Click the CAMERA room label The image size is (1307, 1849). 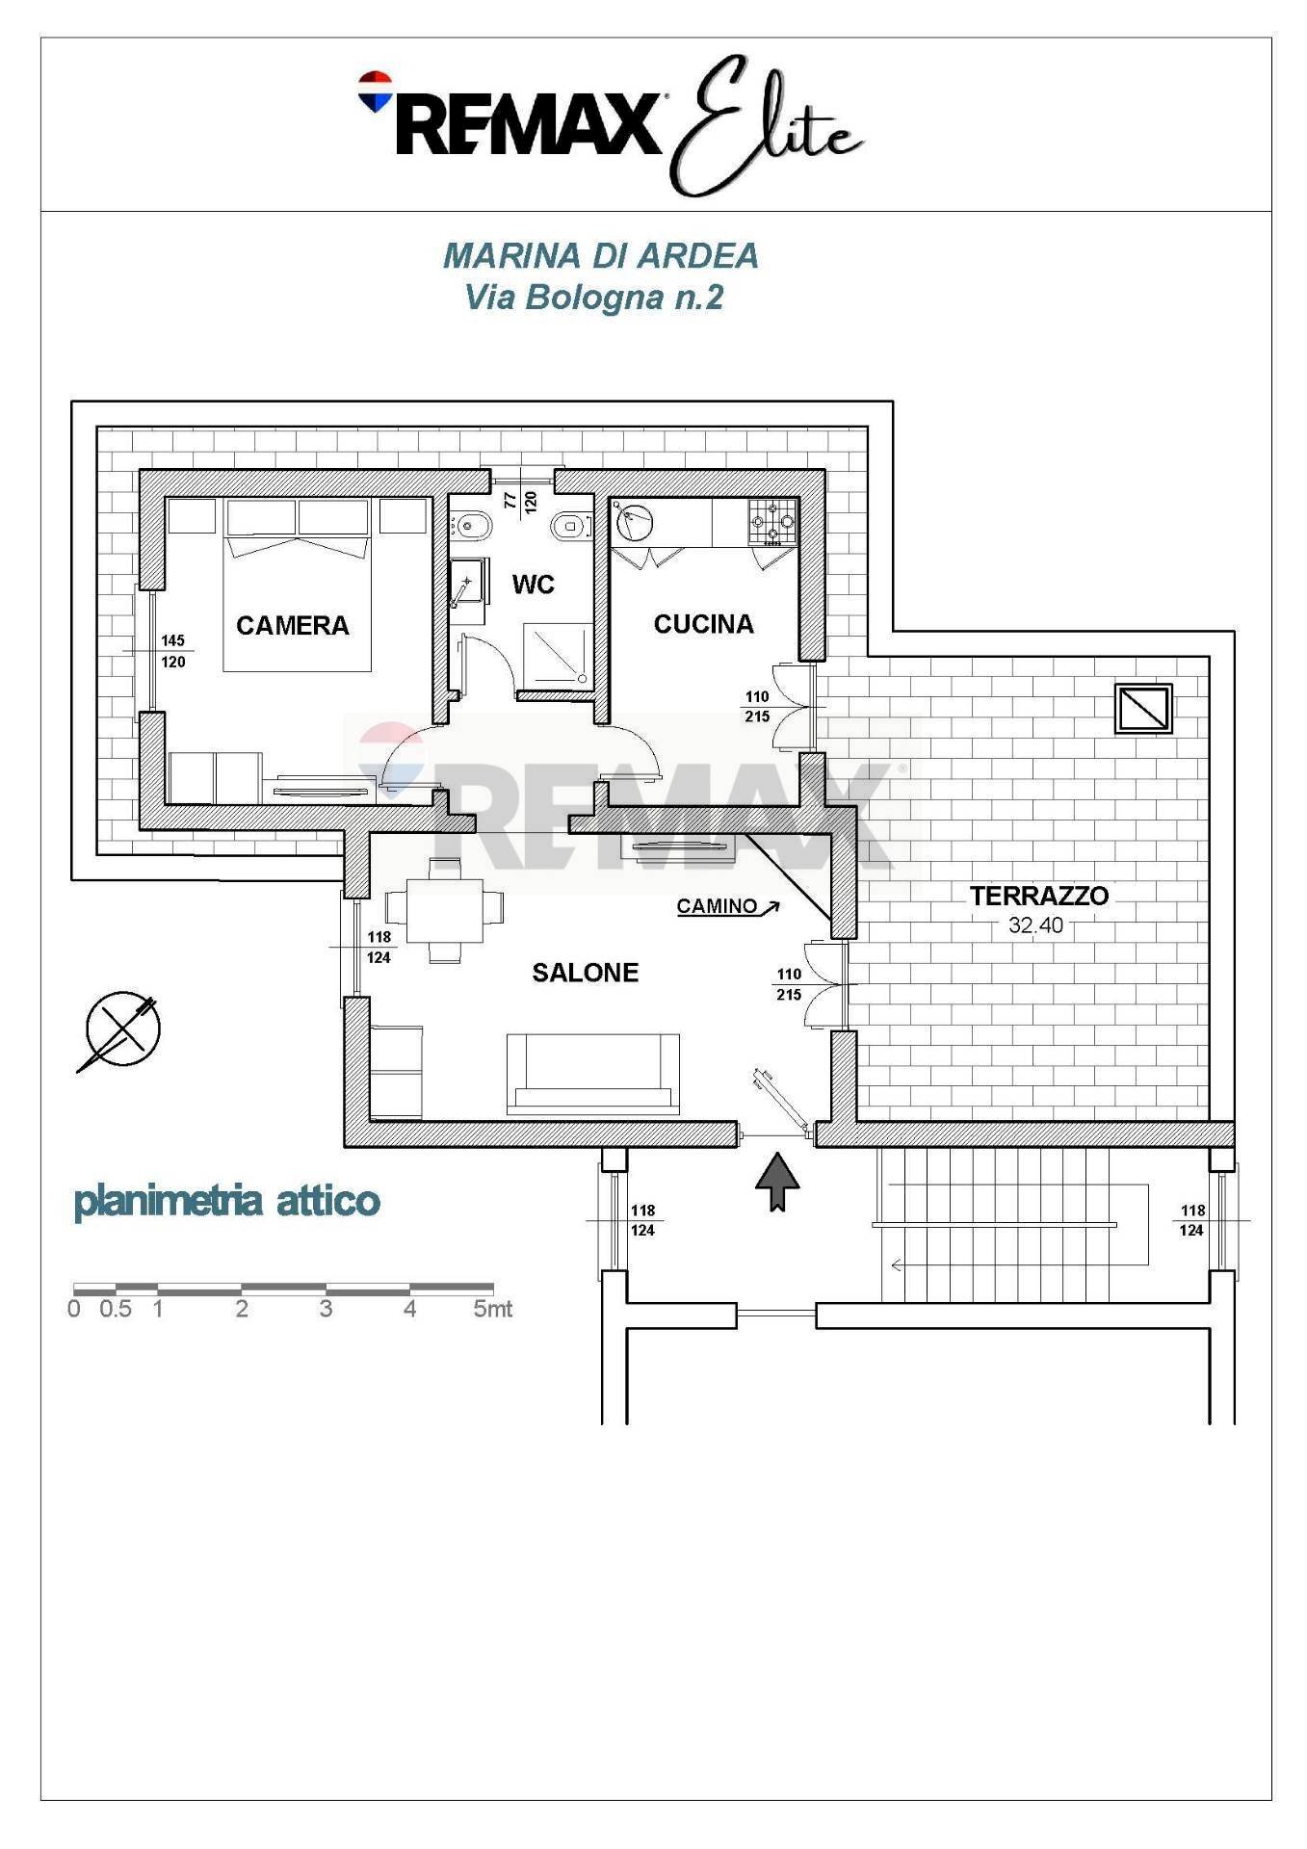coord(293,626)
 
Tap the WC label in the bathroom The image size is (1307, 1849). coord(533,585)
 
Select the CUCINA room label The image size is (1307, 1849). coord(703,624)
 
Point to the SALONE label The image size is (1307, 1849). coord(586,973)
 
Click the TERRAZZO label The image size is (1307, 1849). coord(1039,896)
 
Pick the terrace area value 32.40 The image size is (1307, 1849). coord(1035,925)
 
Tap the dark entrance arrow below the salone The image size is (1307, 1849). coord(777,1183)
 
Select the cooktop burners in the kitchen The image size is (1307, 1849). coord(774,521)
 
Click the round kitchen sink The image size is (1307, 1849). coord(635,523)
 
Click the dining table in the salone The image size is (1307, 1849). coord(445,910)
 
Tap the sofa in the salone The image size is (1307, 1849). coord(593,1074)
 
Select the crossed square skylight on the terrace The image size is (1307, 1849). coord(1143,709)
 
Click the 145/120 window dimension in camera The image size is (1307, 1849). coord(173,652)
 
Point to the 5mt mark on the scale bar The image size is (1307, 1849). coord(493,1310)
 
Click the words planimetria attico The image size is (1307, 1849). coord(227,1202)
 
